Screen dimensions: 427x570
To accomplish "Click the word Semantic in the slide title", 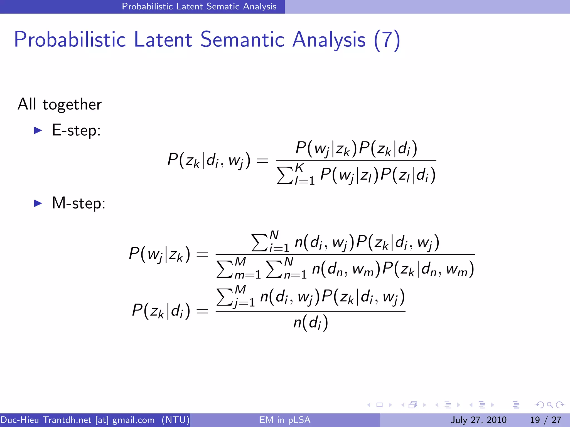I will (242, 39).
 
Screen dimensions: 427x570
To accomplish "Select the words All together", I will (60, 105).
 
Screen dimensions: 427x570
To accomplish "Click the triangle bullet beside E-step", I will (38, 130).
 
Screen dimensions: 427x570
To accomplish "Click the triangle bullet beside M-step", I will (38, 203).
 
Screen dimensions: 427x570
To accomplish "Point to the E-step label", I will (76, 130).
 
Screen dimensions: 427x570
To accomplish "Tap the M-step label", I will (79, 203).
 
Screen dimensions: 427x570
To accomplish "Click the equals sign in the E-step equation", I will (262, 161).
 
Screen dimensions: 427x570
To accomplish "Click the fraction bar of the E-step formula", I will (356, 161).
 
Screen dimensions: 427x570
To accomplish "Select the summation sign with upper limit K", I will (285, 175).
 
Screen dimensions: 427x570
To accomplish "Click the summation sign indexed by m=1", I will (224, 269).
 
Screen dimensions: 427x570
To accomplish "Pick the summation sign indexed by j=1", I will (224, 297).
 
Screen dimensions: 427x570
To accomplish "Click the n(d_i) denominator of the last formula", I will (311, 323).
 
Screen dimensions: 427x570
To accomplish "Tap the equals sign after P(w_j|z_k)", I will (202, 254).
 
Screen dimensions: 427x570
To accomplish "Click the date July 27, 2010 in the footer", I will (478, 420).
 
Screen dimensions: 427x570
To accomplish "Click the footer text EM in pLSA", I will (285, 420).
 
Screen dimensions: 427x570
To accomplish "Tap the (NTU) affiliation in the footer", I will (176, 420).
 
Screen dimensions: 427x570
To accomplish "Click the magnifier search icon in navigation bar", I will (550, 405).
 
